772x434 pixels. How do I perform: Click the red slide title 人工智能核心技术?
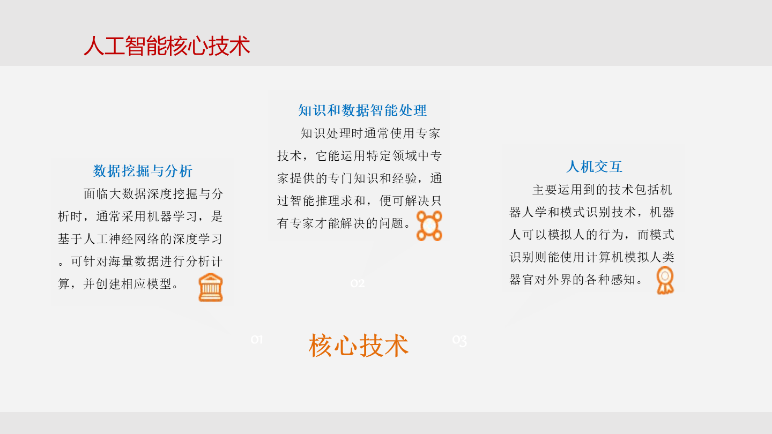[x=167, y=46]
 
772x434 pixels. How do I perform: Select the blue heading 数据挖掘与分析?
[x=143, y=171]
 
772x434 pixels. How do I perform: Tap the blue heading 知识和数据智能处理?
[x=362, y=110]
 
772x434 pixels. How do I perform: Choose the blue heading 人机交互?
[x=594, y=167]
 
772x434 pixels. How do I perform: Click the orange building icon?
[x=211, y=287]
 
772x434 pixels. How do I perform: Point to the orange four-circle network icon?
[x=429, y=226]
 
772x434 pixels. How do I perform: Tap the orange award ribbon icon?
[x=665, y=280]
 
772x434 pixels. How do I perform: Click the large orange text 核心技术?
[x=359, y=346]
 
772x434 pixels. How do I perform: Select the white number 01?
[x=257, y=340]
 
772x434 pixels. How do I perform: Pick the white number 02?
[x=358, y=283]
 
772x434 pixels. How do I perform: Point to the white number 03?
[x=459, y=340]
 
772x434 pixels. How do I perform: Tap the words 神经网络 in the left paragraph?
[x=134, y=239]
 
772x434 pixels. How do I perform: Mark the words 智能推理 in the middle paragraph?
[x=315, y=200]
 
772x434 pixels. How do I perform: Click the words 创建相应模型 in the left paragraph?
[x=133, y=284]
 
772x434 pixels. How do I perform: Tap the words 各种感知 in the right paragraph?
[x=611, y=279]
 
